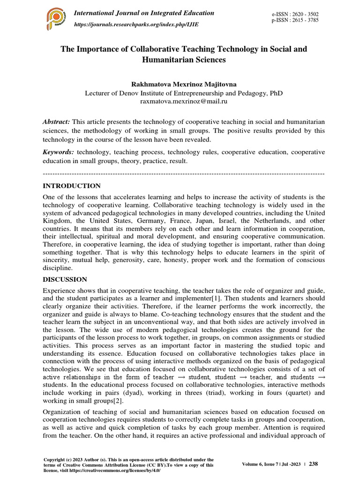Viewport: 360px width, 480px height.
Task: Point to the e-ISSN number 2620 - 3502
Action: point(303,15)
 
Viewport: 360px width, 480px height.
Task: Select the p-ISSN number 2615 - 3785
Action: point(303,21)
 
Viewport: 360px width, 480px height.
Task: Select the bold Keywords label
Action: point(59,152)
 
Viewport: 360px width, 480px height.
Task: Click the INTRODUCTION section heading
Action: point(72,186)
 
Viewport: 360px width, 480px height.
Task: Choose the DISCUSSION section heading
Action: point(65,279)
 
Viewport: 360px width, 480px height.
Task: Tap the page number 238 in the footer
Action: point(314,464)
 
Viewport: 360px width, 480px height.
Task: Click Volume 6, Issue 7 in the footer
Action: point(263,464)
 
